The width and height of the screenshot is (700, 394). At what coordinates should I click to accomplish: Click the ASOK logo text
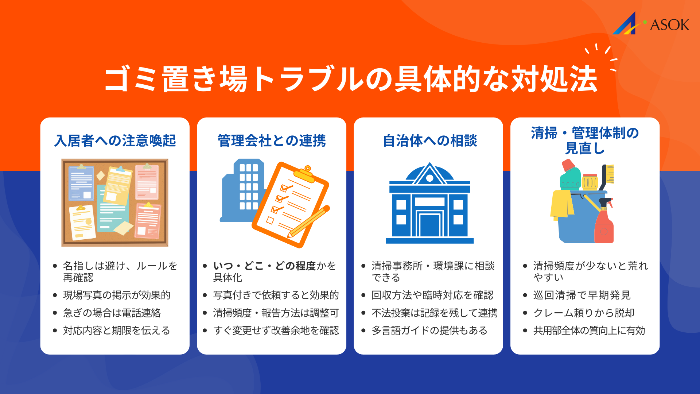click(669, 25)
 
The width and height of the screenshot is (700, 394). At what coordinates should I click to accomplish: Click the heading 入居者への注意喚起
click(115, 140)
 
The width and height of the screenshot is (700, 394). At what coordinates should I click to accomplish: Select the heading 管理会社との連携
click(272, 140)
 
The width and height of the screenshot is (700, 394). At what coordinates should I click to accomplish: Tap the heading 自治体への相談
click(430, 140)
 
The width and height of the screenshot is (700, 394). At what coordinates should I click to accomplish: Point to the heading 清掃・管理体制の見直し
click(585, 140)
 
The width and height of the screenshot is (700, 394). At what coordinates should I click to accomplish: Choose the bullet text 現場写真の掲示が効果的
click(117, 295)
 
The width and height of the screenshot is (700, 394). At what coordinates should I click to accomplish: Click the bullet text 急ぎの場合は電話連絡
click(112, 313)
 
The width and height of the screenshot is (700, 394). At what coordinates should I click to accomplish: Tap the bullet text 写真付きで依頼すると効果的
click(276, 295)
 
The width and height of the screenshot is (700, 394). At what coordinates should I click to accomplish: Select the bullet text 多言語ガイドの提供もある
click(429, 331)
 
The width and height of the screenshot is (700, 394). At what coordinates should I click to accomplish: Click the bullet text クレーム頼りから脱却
click(584, 313)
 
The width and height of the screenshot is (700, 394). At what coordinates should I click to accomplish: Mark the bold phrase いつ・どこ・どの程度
click(264, 266)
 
